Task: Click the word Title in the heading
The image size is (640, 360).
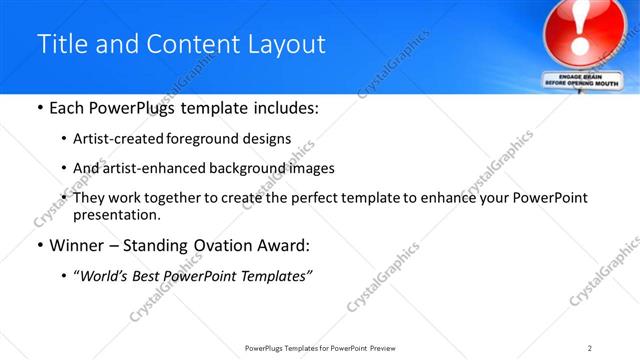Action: (59, 45)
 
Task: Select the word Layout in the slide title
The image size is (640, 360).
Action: (288, 45)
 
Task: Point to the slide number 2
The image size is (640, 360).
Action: (590, 348)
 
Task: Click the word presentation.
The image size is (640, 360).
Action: (115, 214)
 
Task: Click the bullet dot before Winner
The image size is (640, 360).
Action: (39, 245)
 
